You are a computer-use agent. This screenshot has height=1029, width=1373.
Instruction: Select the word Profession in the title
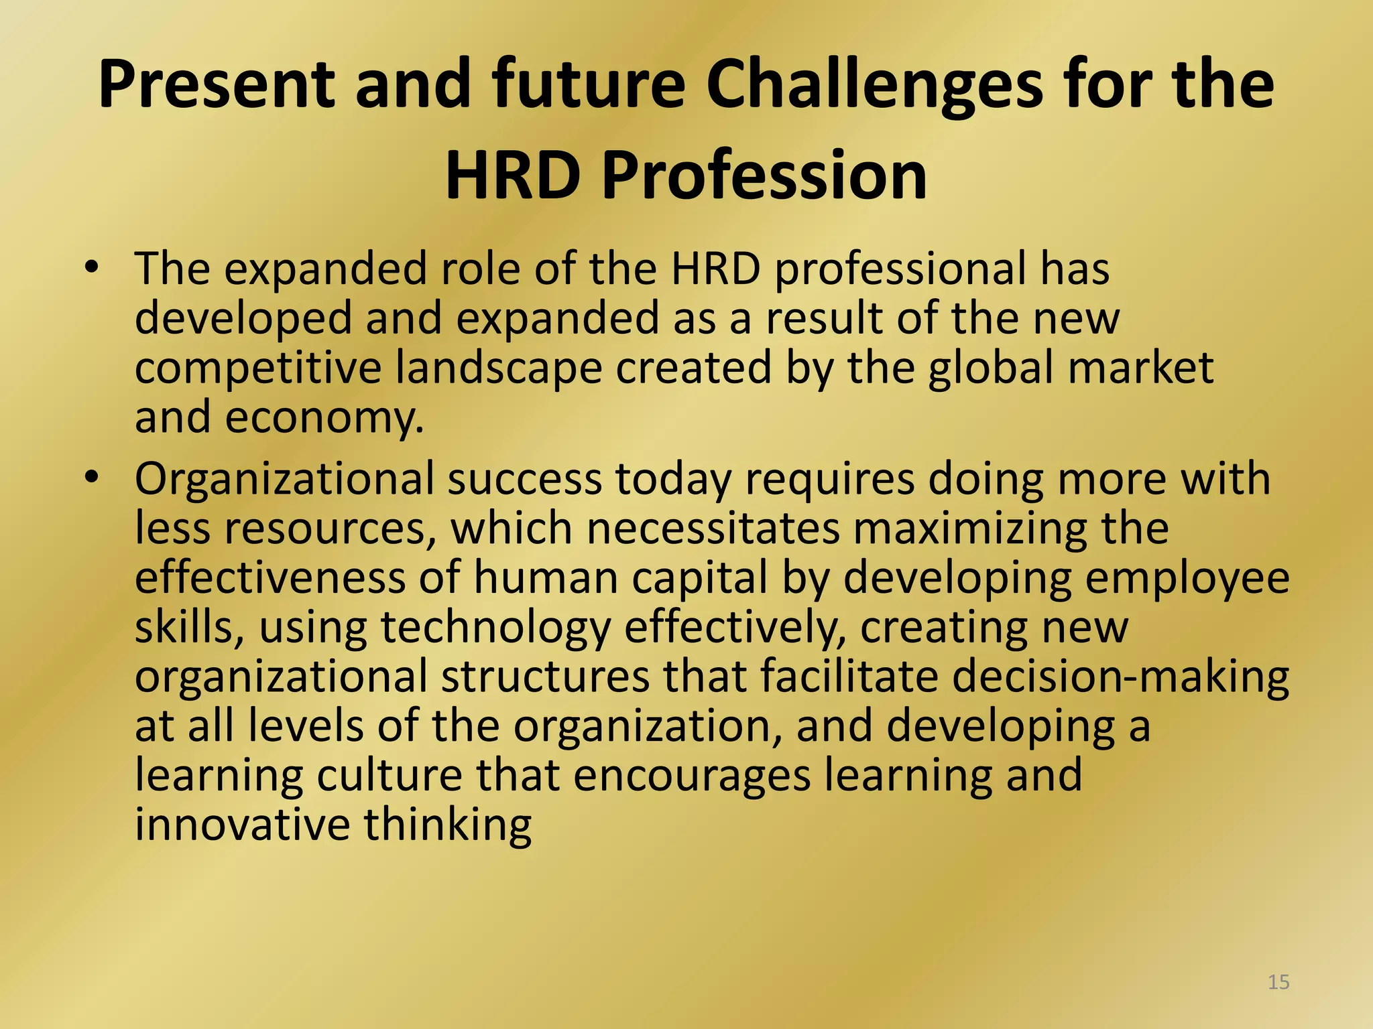tap(764, 176)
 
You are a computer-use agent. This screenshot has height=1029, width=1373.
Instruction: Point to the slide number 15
tap(1278, 982)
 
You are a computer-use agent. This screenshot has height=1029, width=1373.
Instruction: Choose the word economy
tap(324, 418)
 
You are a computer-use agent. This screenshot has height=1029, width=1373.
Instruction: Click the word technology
tap(496, 628)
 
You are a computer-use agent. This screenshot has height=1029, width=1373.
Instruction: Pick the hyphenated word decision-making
tap(1120, 677)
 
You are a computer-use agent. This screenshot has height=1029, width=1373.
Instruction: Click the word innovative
tap(242, 825)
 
